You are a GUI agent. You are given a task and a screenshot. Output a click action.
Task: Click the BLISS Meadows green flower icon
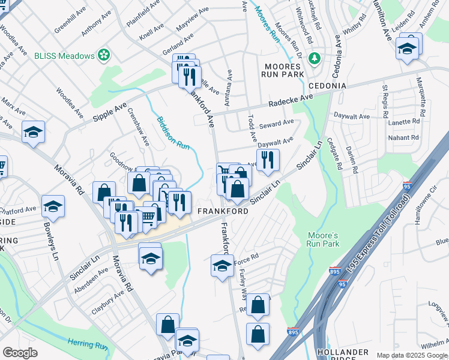[x=104, y=55]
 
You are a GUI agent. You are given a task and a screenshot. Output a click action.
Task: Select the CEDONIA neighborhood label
[x=328, y=86]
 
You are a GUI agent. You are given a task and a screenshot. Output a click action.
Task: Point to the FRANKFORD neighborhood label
[x=222, y=212]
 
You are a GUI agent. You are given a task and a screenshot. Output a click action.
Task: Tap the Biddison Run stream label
[x=173, y=134]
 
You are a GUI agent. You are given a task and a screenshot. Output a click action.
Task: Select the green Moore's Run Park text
[x=323, y=239]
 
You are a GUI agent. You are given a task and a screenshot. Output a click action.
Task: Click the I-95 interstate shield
[x=408, y=186]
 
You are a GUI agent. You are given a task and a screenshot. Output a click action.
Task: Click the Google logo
[x=20, y=353]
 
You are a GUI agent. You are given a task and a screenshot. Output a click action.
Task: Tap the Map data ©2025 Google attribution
[x=411, y=355]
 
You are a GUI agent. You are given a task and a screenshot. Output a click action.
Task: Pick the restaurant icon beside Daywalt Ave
[x=268, y=159]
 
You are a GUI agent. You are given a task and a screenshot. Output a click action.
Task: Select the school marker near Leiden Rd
[x=407, y=48]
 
